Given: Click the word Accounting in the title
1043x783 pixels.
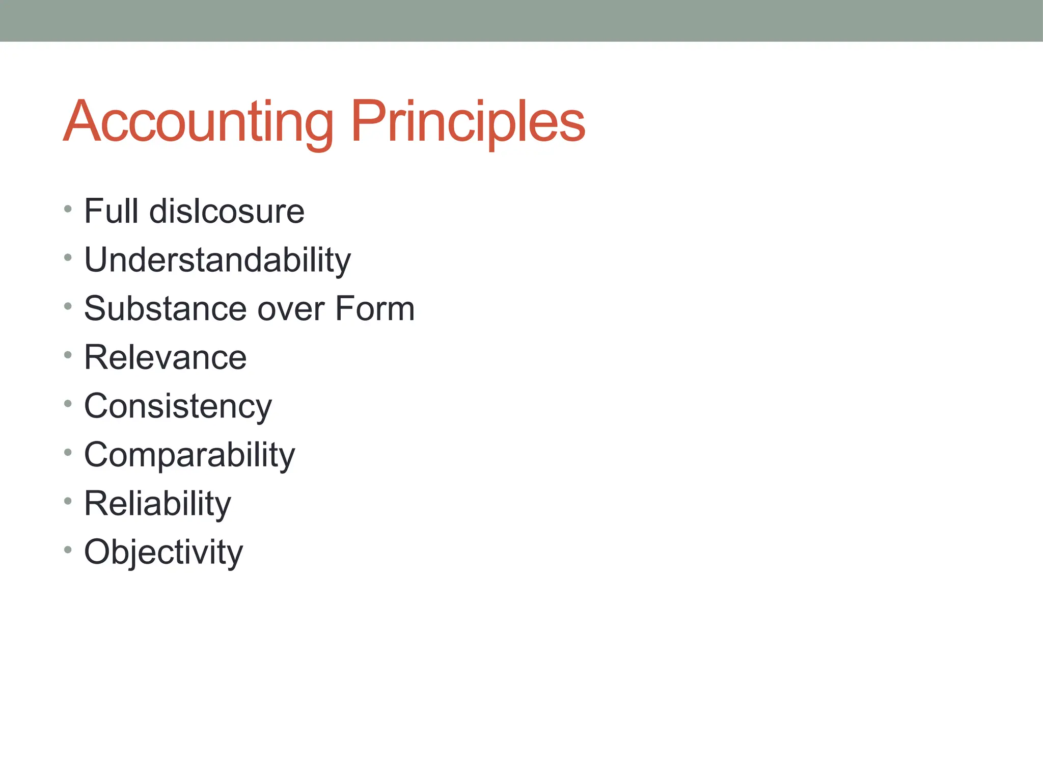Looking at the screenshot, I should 199,122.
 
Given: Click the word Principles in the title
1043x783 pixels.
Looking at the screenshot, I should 468,122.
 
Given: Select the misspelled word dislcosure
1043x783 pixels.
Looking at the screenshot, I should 227,211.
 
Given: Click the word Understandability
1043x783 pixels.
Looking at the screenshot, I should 217,260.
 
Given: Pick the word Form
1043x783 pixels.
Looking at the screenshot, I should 375,309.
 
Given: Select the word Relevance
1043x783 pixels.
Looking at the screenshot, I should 166,357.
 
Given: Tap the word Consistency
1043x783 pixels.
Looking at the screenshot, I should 178,407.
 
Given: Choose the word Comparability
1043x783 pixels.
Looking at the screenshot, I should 189,455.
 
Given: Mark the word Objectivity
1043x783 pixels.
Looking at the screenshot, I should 163,553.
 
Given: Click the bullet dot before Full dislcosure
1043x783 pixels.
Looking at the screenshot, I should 68,209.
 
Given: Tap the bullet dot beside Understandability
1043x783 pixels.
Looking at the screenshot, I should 68,257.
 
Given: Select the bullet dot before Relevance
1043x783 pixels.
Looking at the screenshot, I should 68,355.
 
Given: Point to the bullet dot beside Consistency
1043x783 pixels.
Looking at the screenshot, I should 68,404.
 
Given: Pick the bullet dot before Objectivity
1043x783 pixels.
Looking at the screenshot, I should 68,550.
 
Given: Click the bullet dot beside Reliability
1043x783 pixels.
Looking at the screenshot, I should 68,501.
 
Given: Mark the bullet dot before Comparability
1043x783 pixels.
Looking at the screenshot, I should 68,452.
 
